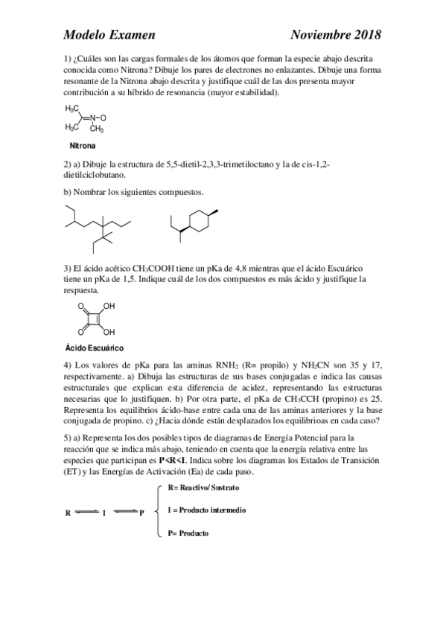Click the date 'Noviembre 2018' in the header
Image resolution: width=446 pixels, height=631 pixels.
336,34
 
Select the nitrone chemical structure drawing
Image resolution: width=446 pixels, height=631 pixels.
86,118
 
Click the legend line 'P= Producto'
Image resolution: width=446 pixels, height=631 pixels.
188,534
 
